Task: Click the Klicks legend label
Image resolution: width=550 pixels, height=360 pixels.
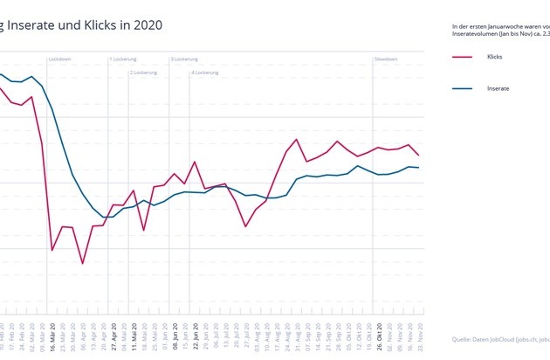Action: (494, 57)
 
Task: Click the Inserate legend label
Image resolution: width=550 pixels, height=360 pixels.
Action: (498, 88)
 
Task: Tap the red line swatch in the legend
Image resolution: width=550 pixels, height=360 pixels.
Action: (463, 57)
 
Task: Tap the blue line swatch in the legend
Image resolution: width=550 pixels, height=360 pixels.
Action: (463, 88)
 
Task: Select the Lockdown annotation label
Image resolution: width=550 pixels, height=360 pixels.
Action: (60, 59)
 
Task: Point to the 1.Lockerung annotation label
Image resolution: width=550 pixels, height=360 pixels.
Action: (123, 59)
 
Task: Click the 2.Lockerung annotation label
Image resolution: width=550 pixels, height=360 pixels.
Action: (144, 73)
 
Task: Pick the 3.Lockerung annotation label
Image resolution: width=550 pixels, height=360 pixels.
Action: (184, 59)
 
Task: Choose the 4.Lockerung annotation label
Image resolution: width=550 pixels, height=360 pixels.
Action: (205, 73)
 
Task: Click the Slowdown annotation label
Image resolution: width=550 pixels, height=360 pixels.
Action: (386, 59)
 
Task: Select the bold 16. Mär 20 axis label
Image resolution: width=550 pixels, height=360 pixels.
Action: (52, 336)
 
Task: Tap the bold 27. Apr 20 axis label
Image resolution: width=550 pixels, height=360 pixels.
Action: (113, 336)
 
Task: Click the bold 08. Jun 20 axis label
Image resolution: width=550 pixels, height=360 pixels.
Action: (175, 336)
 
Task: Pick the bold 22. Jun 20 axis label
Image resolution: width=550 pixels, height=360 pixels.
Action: (196, 336)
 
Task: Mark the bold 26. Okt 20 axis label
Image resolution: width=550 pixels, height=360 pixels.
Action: (381, 336)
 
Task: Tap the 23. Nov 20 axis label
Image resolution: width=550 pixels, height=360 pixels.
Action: (422, 336)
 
